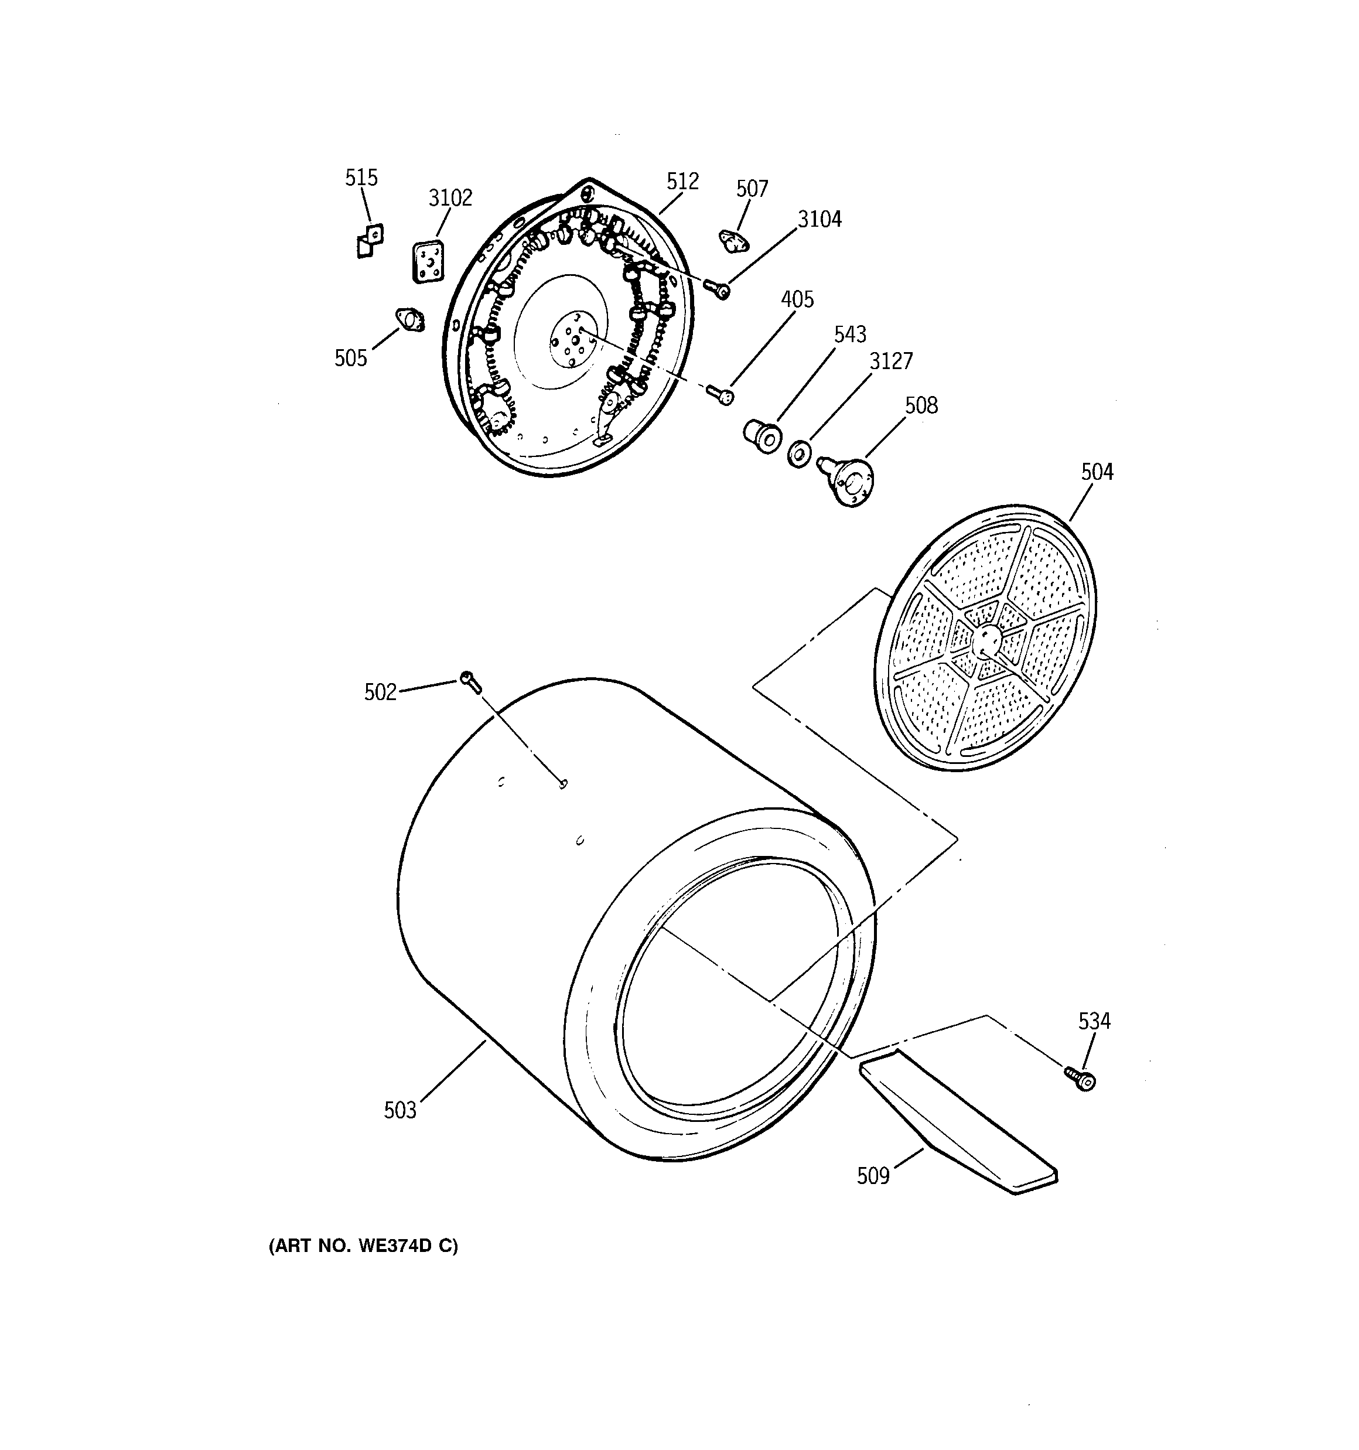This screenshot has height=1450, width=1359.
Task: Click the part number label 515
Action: [x=361, y=178]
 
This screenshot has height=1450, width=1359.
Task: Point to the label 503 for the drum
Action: [x=399, y=1110]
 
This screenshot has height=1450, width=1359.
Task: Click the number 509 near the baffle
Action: [x=873, y=1176]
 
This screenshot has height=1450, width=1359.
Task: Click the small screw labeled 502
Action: [x=470, y=683]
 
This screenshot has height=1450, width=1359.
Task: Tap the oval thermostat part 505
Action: [x=410, y=320]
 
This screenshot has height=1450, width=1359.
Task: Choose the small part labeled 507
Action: [x=734, y=241]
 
